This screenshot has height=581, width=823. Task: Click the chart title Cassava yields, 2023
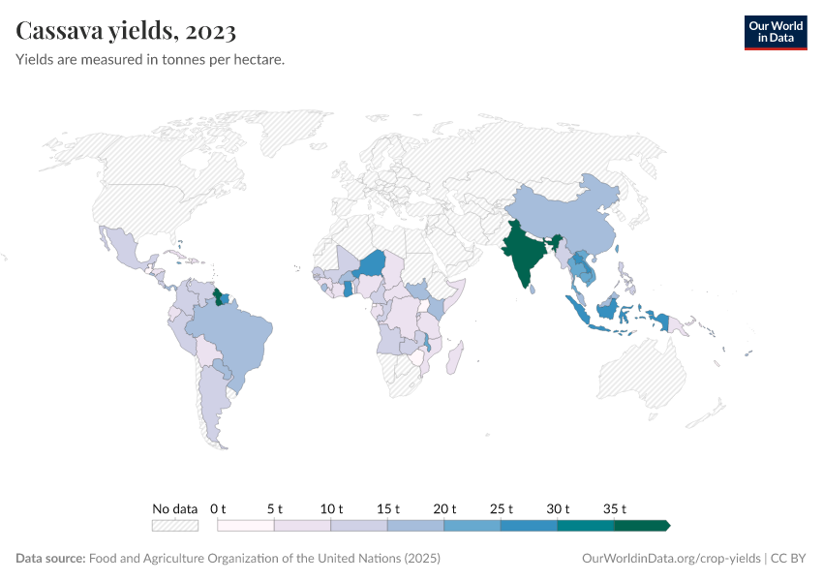point(126,31)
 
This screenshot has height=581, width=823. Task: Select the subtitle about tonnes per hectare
point(150,60)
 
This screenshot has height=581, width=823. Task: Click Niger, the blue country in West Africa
point(372,263)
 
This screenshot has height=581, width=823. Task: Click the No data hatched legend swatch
point(175,525)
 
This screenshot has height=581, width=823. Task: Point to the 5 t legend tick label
point(275,508)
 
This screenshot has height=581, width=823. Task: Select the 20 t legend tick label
point(444,508)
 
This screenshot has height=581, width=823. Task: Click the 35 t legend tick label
point(615,508)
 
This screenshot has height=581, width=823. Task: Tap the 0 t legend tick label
point(218,508)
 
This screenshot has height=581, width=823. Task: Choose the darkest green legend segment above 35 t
point(641,525)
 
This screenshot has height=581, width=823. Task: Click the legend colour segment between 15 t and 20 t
point(415,525)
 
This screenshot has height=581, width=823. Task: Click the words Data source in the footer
point(50,559)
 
